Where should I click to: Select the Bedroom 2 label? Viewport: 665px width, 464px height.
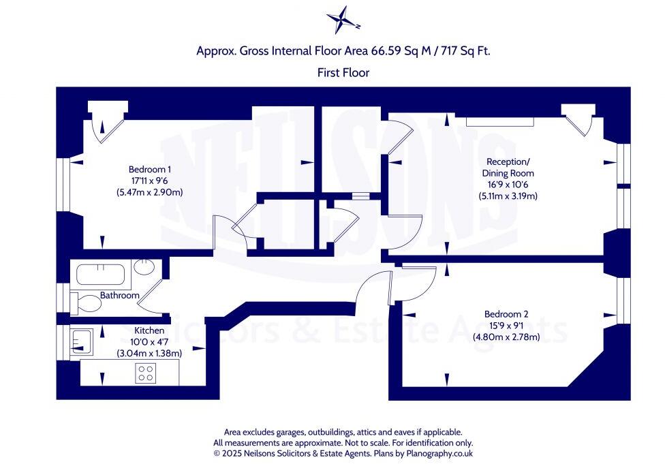506,314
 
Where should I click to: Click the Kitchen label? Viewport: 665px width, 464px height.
149,330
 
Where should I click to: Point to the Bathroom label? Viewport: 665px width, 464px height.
120,296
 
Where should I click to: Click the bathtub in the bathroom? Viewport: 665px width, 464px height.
103,275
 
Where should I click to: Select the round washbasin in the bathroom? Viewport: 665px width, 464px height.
144,267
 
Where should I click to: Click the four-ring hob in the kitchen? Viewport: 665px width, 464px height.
146,373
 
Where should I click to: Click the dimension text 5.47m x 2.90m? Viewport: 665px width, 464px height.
149,193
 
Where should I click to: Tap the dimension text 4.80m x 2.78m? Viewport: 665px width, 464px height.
506,337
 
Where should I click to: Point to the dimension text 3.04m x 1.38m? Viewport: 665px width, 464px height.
149,353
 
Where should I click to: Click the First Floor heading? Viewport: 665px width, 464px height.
343,72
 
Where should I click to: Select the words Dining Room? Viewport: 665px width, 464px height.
508,173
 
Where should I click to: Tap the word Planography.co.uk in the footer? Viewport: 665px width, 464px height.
439,453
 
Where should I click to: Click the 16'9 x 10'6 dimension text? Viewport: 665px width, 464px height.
508,185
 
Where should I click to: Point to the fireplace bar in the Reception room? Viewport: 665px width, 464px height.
499,121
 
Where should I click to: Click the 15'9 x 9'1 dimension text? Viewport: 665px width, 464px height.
506,326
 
